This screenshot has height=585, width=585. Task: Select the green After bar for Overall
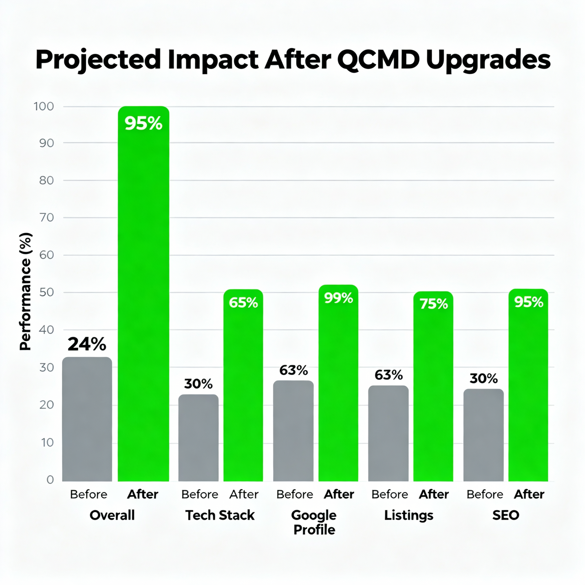(144, 297)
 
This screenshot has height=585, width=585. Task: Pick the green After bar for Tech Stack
(243, 388)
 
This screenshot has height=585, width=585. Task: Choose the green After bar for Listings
(433, 388)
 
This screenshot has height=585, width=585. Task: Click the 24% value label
(87, 344)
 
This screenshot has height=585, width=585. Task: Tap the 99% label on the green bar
(339, 298)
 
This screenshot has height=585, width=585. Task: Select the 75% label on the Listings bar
(434, 304)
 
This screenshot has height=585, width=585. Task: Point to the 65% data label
(243, 303)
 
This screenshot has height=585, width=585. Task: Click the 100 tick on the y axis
(44, 106)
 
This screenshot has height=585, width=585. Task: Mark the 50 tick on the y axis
(47, 292)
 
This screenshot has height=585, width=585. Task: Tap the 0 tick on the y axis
(50, 479)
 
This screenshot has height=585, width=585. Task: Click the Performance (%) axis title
(26, 292)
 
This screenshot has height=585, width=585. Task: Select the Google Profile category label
(314, 522)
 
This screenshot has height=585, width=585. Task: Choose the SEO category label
(505, 515)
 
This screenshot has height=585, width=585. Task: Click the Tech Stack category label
(220, 515)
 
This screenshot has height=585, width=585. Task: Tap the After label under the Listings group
(434, 494)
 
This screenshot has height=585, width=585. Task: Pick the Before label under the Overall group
(89, 494)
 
